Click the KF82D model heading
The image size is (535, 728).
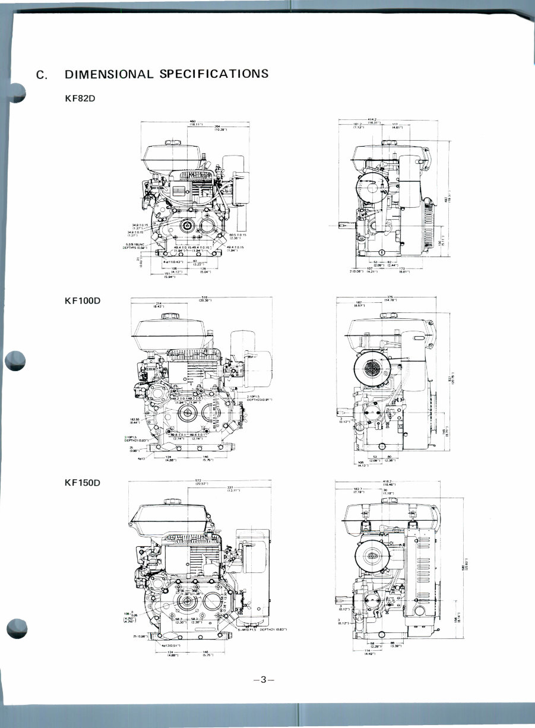(80, 98)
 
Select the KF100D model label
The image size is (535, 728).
(83, 301)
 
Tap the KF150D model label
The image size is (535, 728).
(83, 483)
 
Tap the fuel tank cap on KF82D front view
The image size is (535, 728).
(174, 143)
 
